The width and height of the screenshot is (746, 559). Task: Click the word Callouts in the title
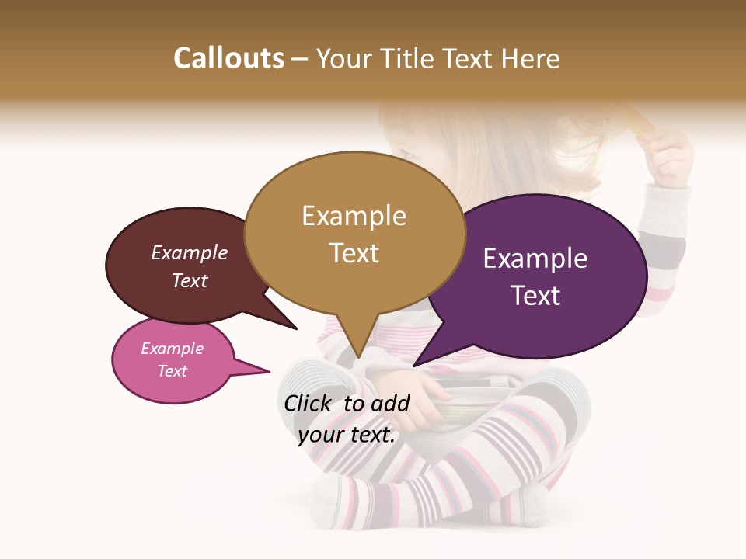point(228,58)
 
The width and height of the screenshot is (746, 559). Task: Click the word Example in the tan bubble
point(354,216)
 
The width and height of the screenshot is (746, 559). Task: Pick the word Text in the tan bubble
point(354,253)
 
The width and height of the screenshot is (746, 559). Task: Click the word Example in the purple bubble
point(535,259)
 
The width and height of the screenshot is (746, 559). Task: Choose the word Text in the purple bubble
point(535,296)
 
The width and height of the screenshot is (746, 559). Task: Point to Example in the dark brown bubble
point(189,252)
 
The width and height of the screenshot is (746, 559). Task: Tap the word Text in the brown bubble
point(189,280)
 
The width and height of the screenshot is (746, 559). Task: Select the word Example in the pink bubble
point(172,349)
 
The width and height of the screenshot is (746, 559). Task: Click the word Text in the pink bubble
point(172,371)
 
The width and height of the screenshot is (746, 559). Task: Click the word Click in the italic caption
point(309,403)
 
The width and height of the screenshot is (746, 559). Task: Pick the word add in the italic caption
point(390,403)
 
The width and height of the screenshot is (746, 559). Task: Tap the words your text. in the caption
point(346,435)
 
